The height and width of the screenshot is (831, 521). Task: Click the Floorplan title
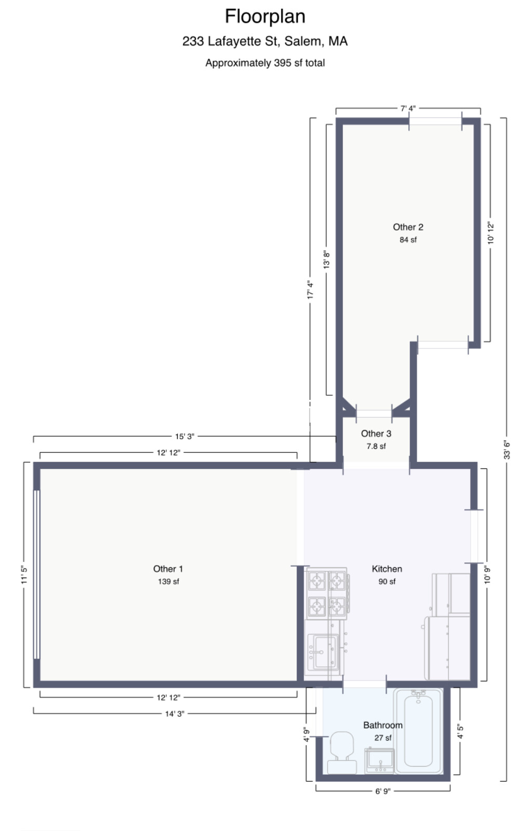(265, 17)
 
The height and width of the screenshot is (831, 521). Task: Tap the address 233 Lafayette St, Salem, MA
(265, 41)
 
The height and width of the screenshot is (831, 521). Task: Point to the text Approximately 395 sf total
(265, 63)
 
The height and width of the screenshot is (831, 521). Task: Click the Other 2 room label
(408, 227)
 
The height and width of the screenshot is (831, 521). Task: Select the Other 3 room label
(376, 433)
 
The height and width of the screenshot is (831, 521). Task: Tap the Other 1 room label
(168, 569)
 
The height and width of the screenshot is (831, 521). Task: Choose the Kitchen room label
(386, 569)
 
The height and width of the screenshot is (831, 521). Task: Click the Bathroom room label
(383, 725)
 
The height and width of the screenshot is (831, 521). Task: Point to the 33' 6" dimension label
(506, 450)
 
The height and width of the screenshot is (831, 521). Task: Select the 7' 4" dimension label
(408, 109)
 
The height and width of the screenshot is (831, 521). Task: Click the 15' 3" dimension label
(184, 436)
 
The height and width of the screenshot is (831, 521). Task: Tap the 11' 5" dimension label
(24, 574)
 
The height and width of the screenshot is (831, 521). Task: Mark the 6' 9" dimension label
(383, 792)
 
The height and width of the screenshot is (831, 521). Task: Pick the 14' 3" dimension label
(175, 714)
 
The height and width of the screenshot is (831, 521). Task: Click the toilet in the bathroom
(342, 752)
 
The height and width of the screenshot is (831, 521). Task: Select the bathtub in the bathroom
(418, 731)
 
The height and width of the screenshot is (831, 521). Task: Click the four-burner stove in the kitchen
(327, 593)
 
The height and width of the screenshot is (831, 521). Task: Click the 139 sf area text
(168, 581)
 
